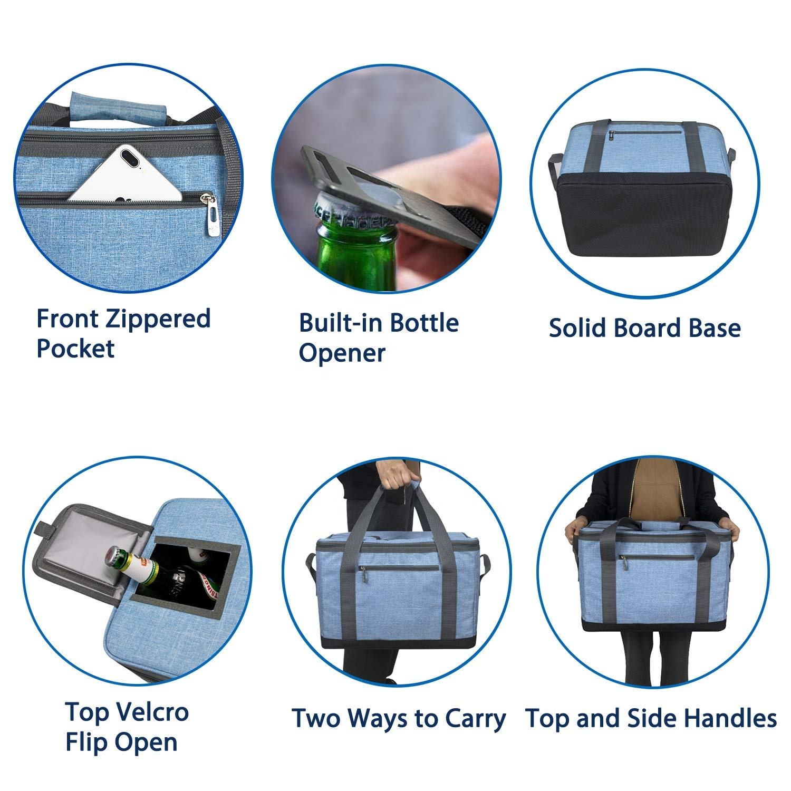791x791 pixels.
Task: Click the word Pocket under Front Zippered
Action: (75, 349)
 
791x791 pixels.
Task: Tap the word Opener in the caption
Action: (342, 353)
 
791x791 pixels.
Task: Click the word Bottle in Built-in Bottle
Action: (425, 323)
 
